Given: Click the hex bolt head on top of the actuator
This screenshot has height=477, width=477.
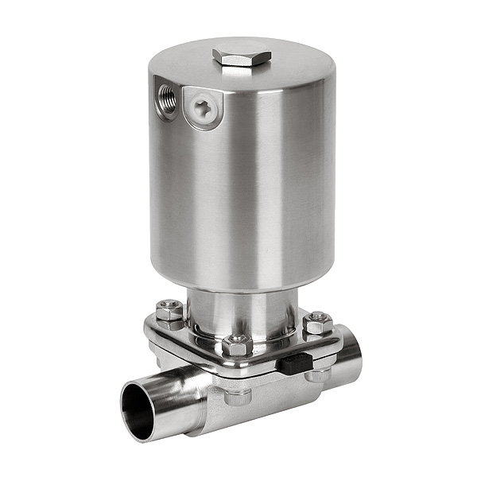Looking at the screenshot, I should click(242, 56).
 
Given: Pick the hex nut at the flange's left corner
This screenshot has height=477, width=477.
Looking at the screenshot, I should click(169, 312).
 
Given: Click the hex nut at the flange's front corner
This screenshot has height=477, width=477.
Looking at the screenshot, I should click(237, 347).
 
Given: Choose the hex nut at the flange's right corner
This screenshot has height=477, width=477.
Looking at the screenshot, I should click(318, 324).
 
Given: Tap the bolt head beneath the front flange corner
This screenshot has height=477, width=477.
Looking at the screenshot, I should click(237, 395).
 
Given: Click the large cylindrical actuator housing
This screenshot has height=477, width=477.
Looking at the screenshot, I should click(238, 191).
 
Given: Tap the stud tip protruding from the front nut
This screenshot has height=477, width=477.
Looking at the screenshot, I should click(237, 339).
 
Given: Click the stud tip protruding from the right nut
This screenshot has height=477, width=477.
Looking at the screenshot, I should click(319, 316).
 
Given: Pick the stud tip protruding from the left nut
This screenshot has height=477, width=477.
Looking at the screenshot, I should click(169, 304).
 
